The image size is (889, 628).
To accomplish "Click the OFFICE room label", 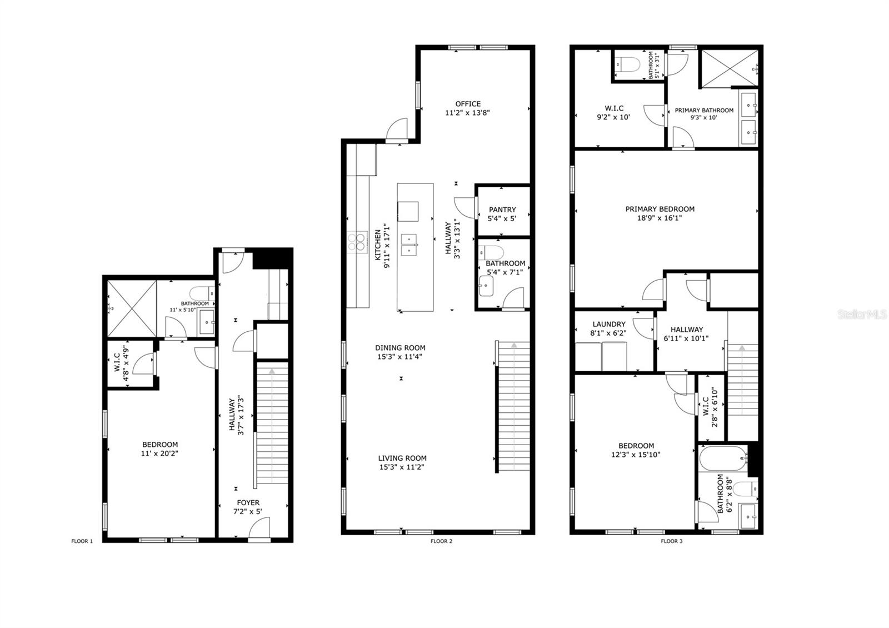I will [468, 104].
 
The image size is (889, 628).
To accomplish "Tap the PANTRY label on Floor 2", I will [502, 210].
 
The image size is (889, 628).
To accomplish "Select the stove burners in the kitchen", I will [357, 241].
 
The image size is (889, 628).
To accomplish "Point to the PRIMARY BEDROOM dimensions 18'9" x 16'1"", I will [660, 218].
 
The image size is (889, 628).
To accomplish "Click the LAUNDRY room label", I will [609, 325].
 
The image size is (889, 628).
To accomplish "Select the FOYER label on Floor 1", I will [248, 502].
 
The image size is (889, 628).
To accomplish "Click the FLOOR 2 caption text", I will [441, 541].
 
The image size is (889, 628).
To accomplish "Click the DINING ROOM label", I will [400, 348].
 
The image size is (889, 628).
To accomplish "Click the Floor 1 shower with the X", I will [132, 308].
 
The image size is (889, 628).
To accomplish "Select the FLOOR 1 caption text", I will [82, 541].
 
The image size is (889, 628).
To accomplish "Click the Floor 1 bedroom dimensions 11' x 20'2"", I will [160, 453].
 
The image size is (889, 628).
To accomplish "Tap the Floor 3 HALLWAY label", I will [686, 329].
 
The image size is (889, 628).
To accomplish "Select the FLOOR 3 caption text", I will [671, 541].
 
